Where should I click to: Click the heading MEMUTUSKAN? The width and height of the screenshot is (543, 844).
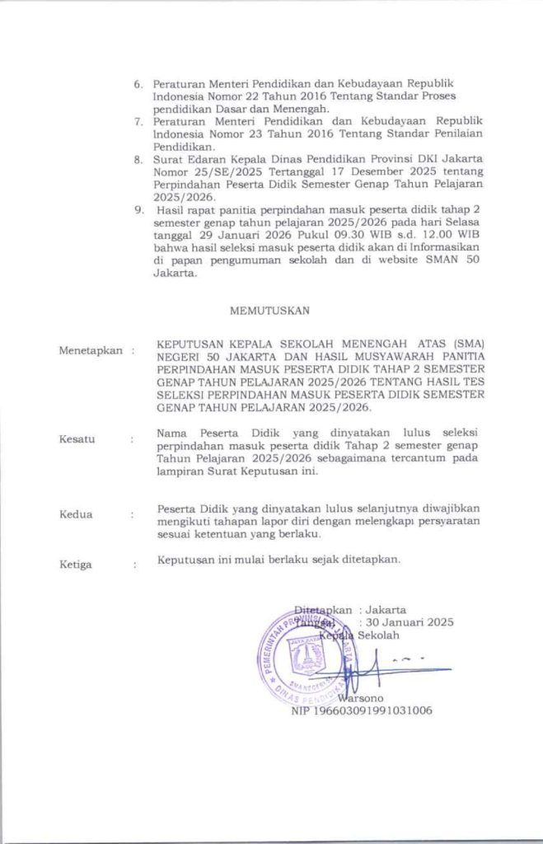[x=270, y=311]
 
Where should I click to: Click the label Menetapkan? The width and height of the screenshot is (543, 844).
[x=90, y=351]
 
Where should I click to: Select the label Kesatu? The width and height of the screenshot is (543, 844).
[x=77, y=439]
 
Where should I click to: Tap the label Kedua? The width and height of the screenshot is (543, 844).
[x=76, y=515]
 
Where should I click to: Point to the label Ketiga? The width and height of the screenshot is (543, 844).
[x=76, y=565]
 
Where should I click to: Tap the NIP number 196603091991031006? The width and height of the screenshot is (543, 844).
[x=362, y=710]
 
